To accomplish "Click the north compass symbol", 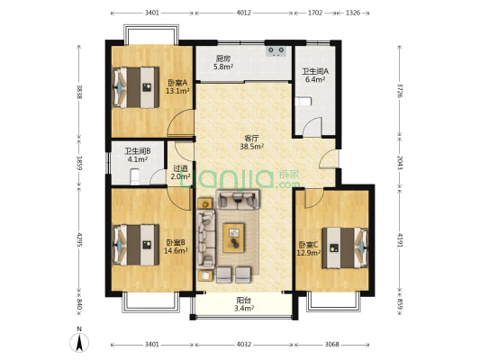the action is tap(79, 342).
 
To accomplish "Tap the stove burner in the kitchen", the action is tap(276, 51).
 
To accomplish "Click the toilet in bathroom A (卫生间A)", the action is tap(303, 102).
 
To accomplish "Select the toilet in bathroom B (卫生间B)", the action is tap(135, 177).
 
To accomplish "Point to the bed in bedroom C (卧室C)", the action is tap(345, 247).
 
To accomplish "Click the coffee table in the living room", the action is tap(233, 238).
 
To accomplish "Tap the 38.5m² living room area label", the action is tap(252, 147).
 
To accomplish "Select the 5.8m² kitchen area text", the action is tap(223, 67).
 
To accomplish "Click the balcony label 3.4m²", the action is tap(244, 309).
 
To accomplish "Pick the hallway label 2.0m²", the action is tap(181, 176).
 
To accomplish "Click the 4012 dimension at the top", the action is tap(244, 13).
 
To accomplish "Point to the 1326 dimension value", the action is tap(353, 13).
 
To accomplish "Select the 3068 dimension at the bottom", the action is tap(331, 345).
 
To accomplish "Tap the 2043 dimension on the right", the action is tap(400, 162).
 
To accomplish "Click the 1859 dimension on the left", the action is tap(79, 163).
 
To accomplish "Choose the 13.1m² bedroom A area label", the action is tap(177, 91).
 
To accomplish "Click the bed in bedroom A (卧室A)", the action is tap(136, 87).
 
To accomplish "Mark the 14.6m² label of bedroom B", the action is tap(176, 251).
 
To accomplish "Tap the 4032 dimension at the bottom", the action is tap(244, 345).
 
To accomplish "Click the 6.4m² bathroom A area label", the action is tap(315, 79).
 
